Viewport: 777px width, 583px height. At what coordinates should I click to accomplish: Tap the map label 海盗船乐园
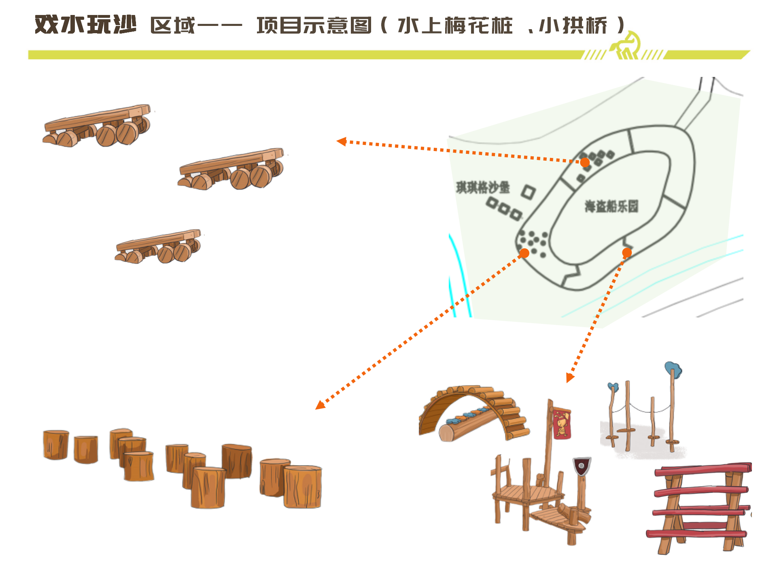coord(611,206)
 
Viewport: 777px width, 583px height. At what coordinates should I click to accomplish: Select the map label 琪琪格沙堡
coord(483,187)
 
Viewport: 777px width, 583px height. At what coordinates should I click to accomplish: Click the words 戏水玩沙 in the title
coord(85,25)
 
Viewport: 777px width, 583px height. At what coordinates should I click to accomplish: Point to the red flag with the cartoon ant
coord(562,423)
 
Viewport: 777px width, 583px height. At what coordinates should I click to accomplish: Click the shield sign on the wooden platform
coord(582,467)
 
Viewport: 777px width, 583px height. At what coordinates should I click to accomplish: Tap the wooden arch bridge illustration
coord(473,413)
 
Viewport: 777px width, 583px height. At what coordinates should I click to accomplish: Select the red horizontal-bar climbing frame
coord(699,509)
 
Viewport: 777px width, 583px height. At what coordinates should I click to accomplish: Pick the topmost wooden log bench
coord(97,125)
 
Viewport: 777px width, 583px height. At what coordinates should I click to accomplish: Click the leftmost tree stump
coord(56,445)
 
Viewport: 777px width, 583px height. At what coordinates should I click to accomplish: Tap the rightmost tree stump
coord(302,487)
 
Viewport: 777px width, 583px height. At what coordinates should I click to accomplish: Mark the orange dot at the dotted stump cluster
coord(524,253)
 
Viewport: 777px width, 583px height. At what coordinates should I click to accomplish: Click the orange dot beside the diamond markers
coord(585,162)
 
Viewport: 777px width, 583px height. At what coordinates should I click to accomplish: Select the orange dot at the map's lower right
coord(627,253)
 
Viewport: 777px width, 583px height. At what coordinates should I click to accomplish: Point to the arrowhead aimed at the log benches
coord(342,141)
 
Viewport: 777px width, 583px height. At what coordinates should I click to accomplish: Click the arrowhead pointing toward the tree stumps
coord(320,405)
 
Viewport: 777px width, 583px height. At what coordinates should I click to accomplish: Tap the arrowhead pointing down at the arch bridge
coord(570,378)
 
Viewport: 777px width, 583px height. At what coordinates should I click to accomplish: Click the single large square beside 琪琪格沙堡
coord(528,192)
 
